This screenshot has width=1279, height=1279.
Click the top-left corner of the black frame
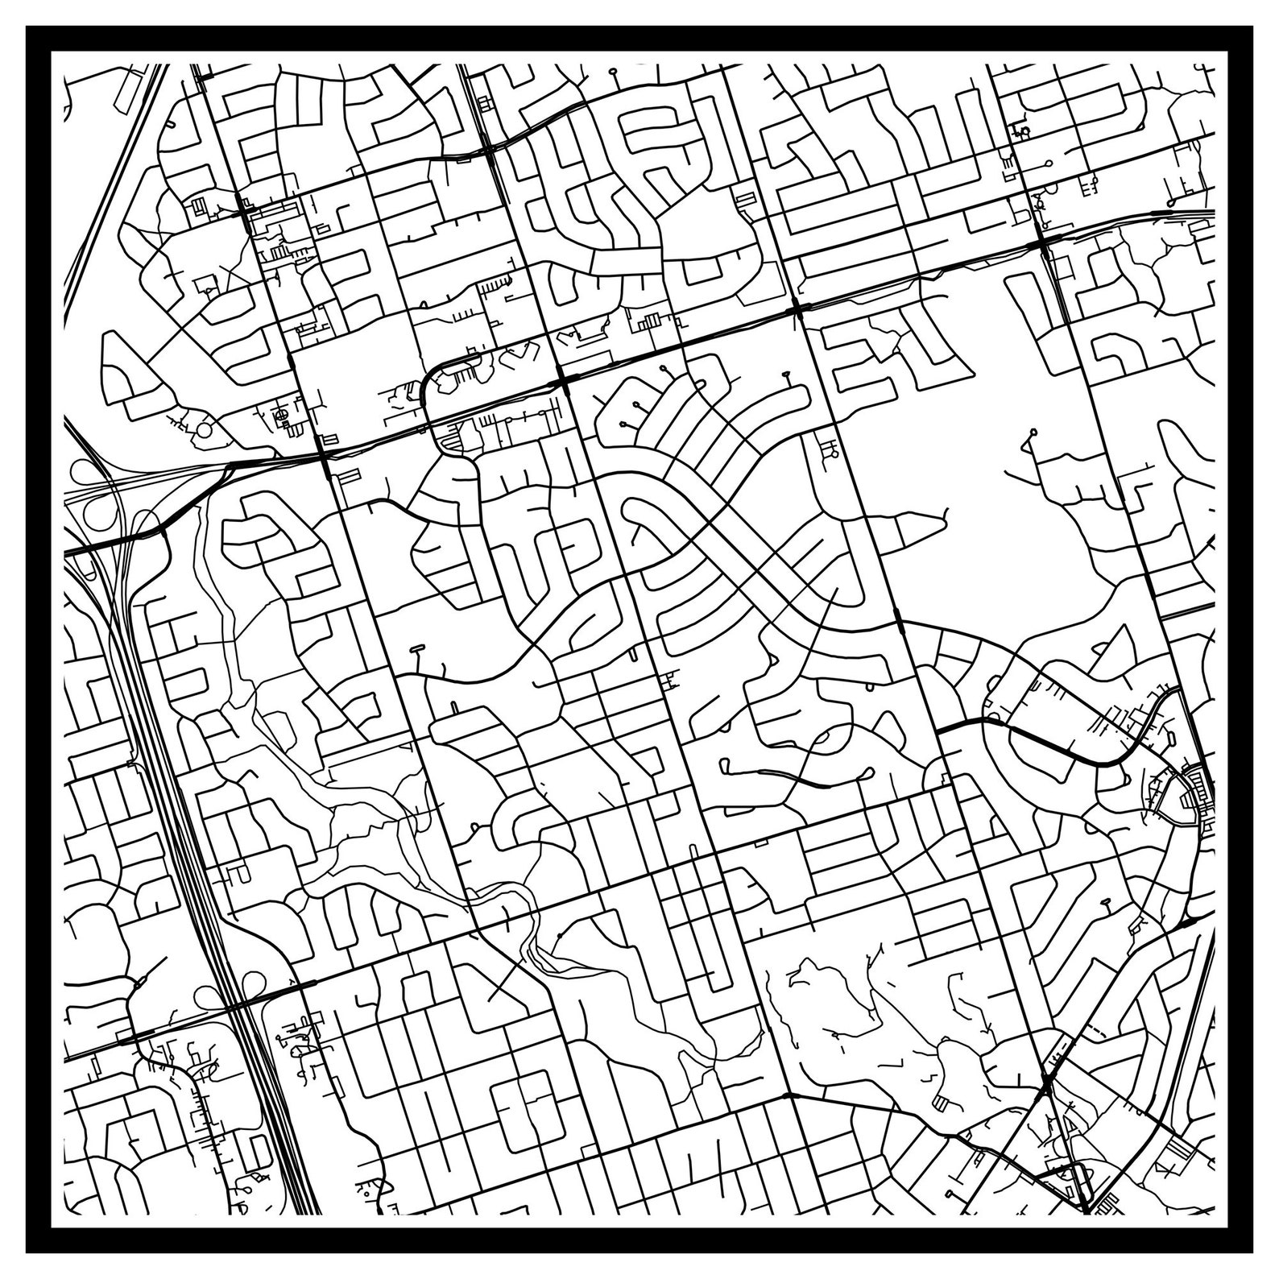(27, 27)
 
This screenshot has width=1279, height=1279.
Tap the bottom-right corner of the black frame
(1252, 1252)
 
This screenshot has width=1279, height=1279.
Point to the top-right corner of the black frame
(1252, 27)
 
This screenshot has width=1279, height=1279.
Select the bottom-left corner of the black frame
(27, 1252)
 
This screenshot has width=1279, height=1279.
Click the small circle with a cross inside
(282, 414)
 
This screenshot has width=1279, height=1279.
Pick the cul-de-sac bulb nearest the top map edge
(614, 72)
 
